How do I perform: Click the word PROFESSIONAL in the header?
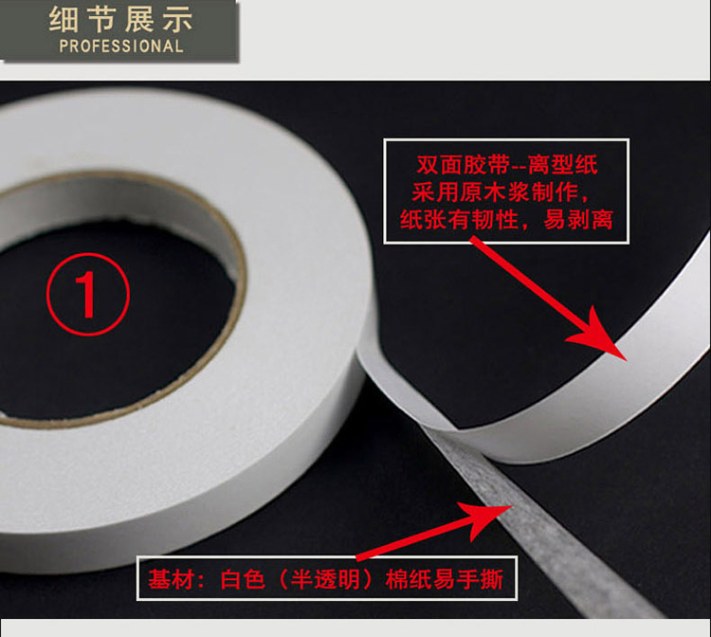coord(121,46)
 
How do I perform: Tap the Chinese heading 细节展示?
coord(121,19)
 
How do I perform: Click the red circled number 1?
coord(88,294)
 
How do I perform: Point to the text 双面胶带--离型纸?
coord(507,164)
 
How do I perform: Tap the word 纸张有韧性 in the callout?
coord(459,220)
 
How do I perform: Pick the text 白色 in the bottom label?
coord(243,579)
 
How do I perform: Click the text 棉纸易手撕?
coord(445,579)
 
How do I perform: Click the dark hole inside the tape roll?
coord(114,318)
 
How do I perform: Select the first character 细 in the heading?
coord(63,20)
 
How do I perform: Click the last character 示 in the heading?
coord(178,20)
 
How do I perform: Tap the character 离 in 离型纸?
coord(539,164)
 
